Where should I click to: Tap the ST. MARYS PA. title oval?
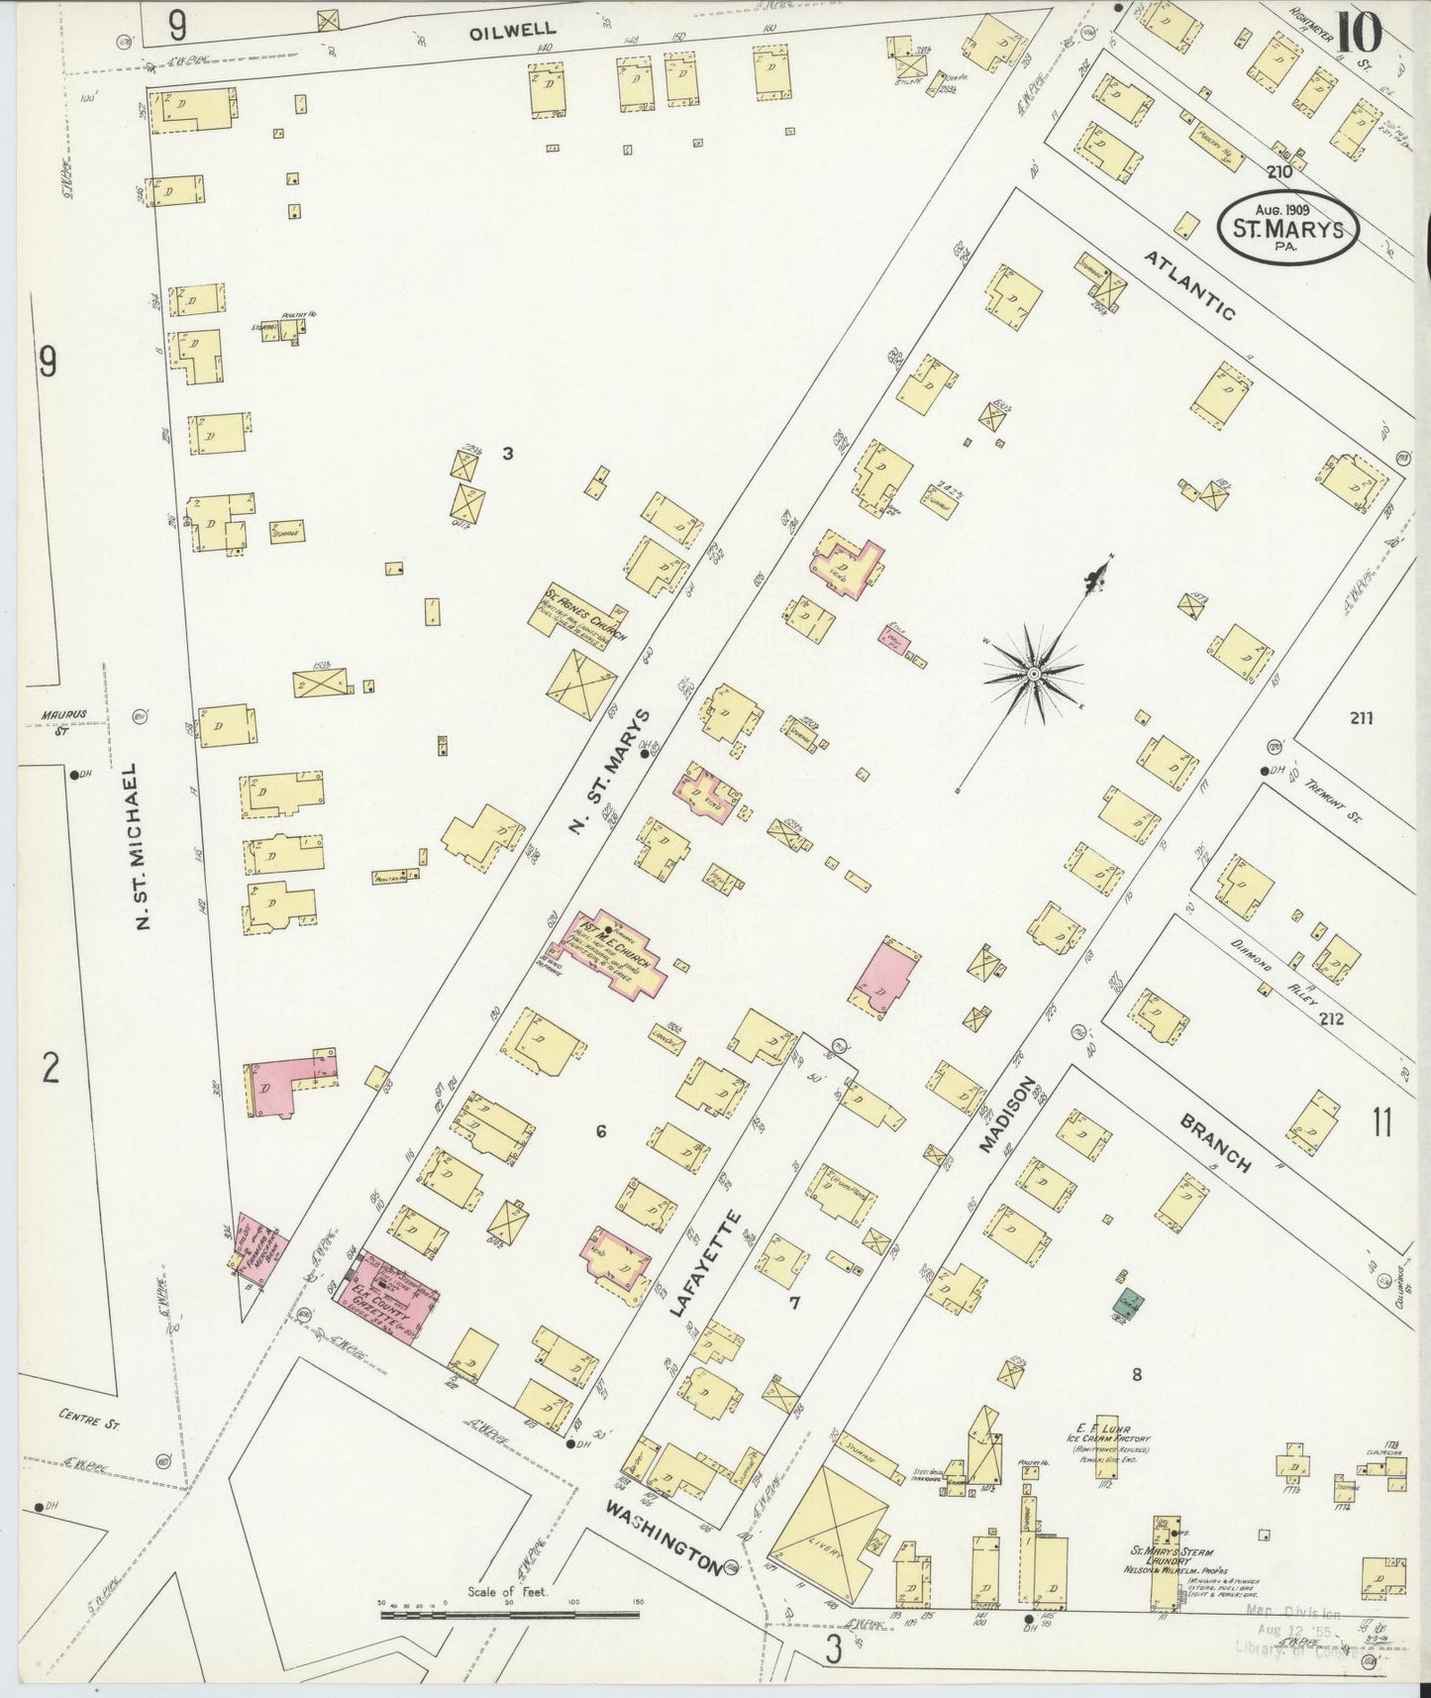[1287, 227]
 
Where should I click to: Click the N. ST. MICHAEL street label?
[142, 846]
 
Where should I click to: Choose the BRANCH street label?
[1216, 1143]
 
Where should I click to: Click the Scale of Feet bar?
[509, 1616]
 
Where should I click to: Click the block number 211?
[1361, 718]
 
